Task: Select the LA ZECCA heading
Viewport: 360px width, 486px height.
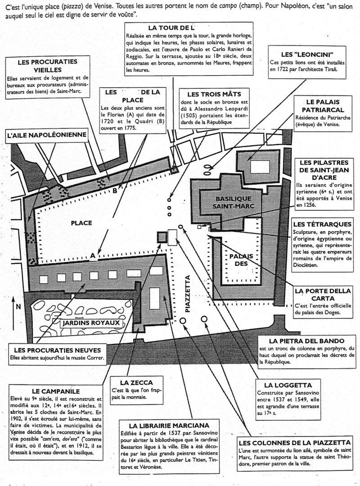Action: (x=133, y=382)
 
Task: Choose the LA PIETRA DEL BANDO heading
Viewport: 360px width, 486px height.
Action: (x=307, y=341)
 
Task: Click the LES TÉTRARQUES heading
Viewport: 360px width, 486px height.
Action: (x=323, y=224)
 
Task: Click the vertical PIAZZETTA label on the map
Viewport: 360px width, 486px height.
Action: (x=188, y=293)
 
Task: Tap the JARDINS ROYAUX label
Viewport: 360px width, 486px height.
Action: (x=92, y=323)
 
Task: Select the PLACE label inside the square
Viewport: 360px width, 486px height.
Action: (x=81, y=223)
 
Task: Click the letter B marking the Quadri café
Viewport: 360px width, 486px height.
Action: (x=115, y=191)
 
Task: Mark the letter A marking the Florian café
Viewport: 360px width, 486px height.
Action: (x=92, y=256)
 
